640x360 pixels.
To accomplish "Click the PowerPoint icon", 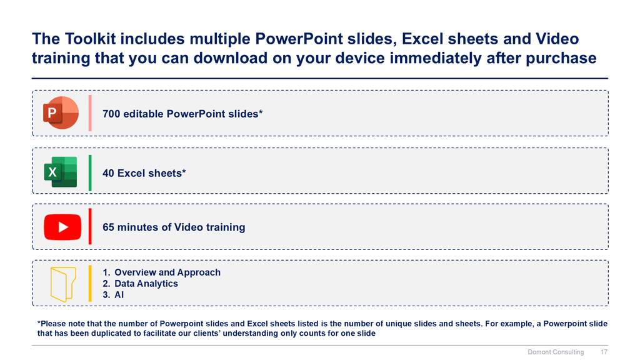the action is point(61,112).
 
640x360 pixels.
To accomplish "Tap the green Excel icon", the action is point(61,172).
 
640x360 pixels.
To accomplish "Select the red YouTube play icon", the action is point(62,227).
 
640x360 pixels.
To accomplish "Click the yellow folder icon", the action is point(63,284).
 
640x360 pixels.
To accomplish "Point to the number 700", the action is point(111,114).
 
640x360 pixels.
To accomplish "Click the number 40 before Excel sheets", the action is point(108,173).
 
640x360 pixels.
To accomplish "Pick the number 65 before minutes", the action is point(108,227).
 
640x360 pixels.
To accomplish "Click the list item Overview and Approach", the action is point(167,272).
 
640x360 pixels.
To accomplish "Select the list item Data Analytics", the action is point(146,283).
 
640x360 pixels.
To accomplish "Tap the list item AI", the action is point(119,295).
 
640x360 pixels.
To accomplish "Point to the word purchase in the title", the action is point(561,58).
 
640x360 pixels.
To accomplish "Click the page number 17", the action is point(604,352).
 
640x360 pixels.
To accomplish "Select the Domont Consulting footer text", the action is point(556,352).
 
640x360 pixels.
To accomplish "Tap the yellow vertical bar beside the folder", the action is point(90,284).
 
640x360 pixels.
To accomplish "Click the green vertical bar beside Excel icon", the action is point(90,172).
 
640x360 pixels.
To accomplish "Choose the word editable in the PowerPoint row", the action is point(143,114).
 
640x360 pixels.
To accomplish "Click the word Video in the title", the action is point(557,39).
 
